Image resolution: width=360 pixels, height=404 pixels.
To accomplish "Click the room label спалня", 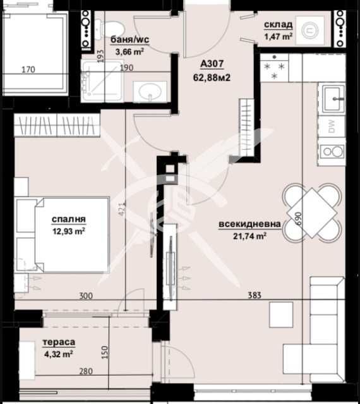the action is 69,219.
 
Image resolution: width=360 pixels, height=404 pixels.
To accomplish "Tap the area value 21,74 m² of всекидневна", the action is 249,236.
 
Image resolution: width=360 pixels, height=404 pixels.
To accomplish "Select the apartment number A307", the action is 212,64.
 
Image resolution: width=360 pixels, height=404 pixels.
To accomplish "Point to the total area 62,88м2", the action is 212,77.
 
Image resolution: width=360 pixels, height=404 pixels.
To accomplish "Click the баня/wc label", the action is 129,40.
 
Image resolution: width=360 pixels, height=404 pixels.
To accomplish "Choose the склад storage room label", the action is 278,25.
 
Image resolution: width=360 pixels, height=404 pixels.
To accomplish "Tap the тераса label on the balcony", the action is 59,342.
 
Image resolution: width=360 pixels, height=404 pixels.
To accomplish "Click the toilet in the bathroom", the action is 109,29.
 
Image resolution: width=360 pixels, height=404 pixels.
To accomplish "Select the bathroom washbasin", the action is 150,92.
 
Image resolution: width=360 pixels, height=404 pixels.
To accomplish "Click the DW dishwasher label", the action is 332,126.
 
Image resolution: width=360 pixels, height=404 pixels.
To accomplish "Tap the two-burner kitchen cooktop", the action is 332,152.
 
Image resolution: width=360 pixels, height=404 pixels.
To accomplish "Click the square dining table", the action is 312,213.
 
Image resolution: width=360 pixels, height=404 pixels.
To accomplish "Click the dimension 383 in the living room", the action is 255,295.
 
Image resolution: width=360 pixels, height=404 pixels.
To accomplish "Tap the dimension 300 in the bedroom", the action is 86,295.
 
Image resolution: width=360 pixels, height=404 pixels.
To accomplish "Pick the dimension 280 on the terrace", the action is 86,371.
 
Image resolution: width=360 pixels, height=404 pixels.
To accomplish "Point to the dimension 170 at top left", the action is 28,70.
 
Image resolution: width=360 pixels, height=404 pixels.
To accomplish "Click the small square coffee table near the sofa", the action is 281,315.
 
